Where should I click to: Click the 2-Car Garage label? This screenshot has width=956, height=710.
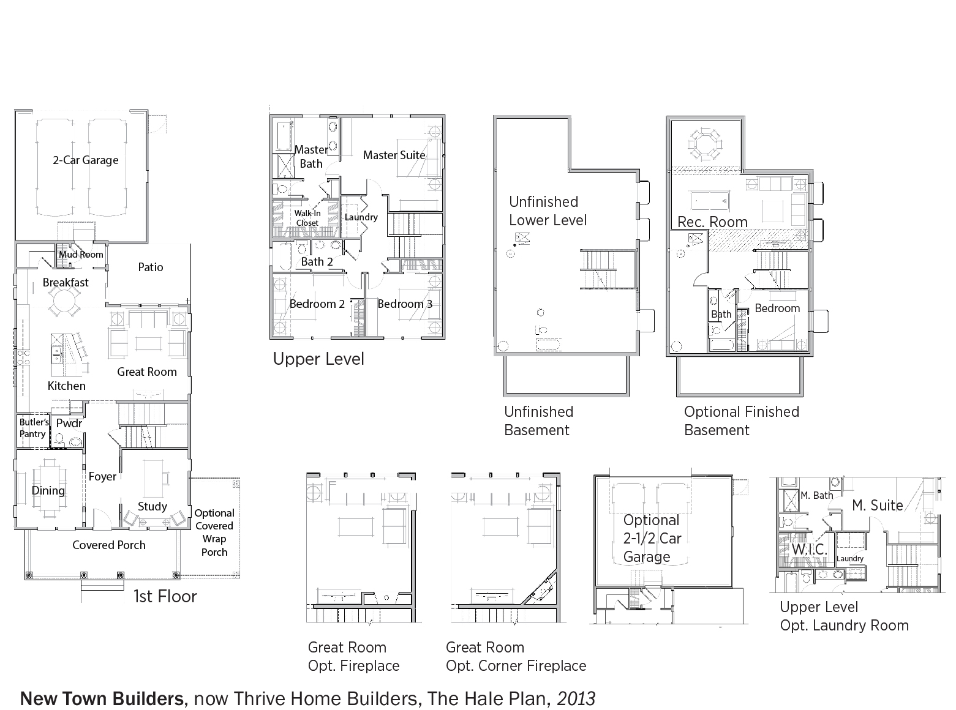click(x=85, y=160)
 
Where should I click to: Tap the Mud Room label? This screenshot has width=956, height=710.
click(x=81, y=255)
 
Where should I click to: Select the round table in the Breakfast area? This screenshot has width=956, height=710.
click(x=63, y=300)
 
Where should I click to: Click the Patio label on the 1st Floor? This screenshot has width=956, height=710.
click(x=151, y=267)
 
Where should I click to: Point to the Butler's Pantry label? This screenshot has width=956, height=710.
click(x=33, y=428)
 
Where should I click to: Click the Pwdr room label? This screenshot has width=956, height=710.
click(x=69, y=423)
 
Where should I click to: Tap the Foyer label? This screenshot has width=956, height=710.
click(x=102, y=476)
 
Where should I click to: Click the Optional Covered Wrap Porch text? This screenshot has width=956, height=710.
click(x=214, y=532)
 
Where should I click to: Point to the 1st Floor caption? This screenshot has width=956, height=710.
click(x=165, y=596)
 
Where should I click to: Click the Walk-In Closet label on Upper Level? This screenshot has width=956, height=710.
click(x=307, y=218)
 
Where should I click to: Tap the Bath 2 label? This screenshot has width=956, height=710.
click(x=317, y=262)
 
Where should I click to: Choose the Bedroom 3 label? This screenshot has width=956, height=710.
click(x=405, y=304)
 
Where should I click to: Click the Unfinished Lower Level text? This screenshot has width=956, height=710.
click(x=548, y=211)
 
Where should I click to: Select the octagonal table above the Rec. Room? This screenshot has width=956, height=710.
click(x=705, y=143)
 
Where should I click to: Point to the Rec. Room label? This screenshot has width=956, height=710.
click(x=712, y=222)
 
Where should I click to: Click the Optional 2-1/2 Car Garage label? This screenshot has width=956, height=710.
click(x=652, y=539)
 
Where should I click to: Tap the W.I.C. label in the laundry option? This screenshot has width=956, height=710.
click(x=810, y=549)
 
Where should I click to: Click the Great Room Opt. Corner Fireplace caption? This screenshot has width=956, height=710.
click(x=516, y=657)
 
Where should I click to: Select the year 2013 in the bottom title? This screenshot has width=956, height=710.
click(x=576, y=699)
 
